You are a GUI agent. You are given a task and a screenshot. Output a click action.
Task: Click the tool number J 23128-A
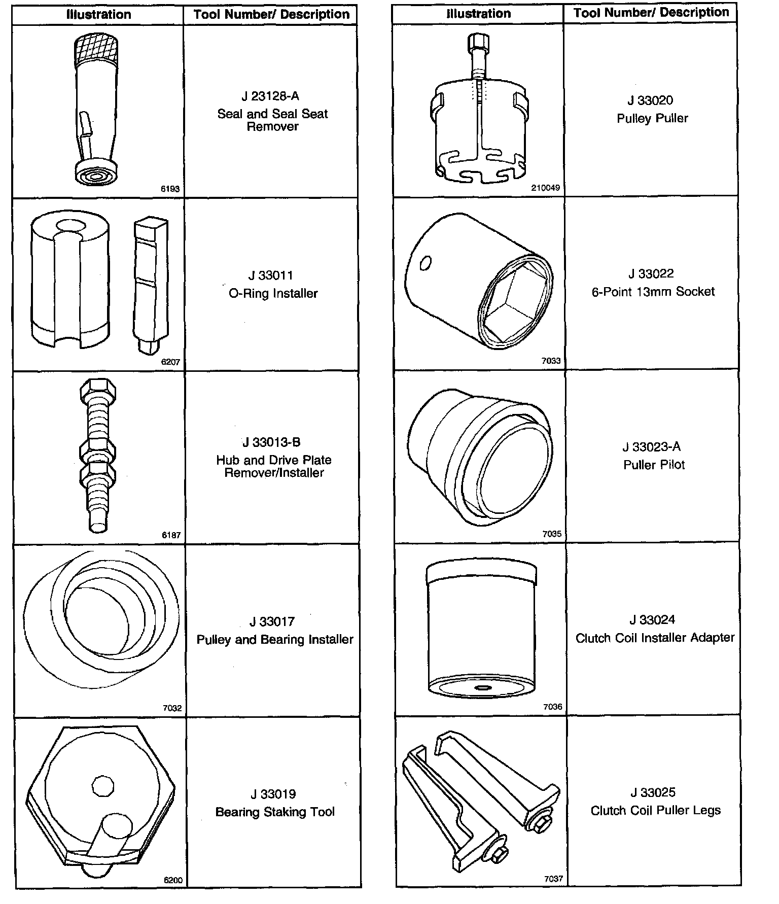coord(270,96)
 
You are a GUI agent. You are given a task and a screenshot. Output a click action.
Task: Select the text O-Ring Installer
coord(273,294)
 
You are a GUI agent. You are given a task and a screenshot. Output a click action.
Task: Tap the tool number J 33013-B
coord(271,442)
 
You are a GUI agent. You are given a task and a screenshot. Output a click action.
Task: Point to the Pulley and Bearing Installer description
coord(275,640)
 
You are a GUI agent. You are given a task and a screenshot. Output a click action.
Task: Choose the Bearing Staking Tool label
coord(275,812)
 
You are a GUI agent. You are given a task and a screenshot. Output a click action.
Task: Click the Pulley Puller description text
coord(652,119)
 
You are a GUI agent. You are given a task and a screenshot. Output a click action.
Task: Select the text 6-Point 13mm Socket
coord(653,292)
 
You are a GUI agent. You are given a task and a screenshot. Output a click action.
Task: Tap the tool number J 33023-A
coord(652,447)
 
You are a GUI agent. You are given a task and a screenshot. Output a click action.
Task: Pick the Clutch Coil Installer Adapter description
coord(655,638)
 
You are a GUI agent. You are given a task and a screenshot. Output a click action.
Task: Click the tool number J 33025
coord(653,792)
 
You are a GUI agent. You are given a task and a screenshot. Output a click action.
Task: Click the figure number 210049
coord(546,188)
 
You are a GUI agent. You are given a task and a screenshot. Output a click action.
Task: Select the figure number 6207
coord(170,362)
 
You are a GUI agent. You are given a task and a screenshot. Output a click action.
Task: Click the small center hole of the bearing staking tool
coord(102,786)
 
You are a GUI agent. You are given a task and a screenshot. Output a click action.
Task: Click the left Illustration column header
coord(98,15)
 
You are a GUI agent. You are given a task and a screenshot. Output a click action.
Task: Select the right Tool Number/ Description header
coord(651,13)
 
